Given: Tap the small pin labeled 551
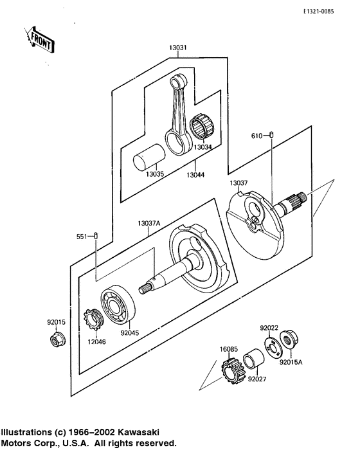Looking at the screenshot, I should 96,236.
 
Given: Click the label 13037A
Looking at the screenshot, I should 148,224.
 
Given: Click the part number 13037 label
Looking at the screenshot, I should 239,183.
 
